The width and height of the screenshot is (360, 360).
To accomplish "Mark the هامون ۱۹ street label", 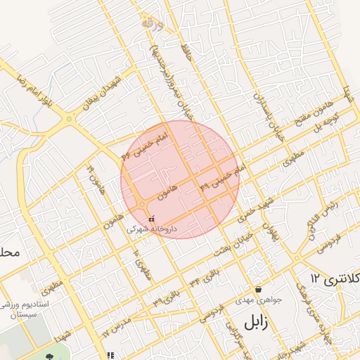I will click(94, 175).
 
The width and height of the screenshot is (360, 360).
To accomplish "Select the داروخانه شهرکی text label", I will click(152, 229).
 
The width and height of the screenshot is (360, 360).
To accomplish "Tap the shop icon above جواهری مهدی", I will click(259, 288).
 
